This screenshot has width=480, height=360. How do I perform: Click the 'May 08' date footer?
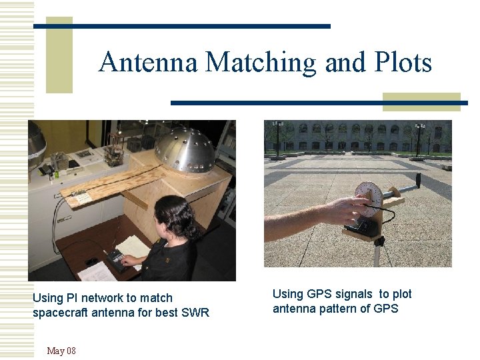(61, 351)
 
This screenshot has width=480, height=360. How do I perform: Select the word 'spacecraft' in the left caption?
(60, 312)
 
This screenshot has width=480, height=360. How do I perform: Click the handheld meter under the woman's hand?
(119, 258)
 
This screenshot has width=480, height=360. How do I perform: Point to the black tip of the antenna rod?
(418, 178)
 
